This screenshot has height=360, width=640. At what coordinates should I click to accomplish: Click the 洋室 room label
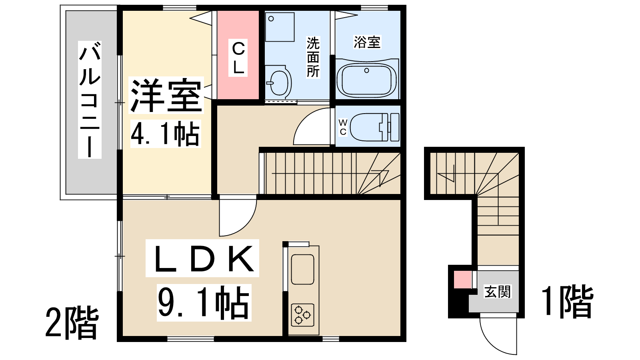166,95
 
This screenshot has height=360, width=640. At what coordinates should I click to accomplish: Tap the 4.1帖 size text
166,134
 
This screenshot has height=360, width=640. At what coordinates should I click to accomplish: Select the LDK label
202,258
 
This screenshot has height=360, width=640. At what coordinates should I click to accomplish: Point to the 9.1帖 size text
204,302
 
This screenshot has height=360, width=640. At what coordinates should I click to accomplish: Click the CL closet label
238,58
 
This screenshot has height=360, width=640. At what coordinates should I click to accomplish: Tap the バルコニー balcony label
90,100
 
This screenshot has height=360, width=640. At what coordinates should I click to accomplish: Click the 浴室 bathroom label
367,42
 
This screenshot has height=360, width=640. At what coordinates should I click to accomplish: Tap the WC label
343,128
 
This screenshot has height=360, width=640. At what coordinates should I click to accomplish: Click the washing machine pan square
280,27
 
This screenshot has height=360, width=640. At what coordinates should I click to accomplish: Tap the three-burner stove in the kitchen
302,315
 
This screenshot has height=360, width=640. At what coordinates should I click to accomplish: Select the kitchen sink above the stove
302,270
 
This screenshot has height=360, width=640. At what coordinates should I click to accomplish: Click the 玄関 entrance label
498,292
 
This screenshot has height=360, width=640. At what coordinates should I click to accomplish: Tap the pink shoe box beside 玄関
462,280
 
